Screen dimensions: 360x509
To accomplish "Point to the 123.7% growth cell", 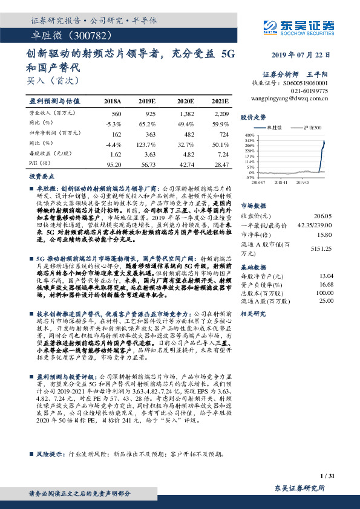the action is coord(146,145).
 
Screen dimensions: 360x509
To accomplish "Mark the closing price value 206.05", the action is coord(321,216).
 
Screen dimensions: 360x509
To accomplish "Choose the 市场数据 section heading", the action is coord(254,205).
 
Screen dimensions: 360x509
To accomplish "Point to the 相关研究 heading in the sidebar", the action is coord(254,314).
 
